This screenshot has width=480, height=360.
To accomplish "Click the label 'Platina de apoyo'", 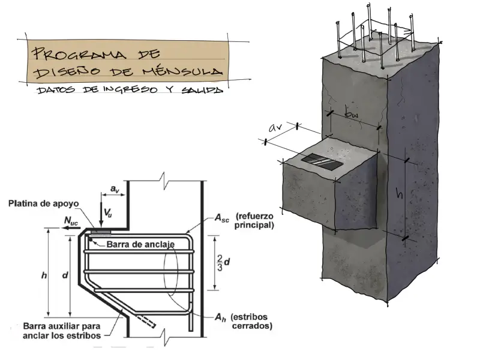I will [40, 203].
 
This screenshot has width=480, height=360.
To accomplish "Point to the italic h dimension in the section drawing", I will [44, 275].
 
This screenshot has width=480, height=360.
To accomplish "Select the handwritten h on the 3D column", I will [397, 193].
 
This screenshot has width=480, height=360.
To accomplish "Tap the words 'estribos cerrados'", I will [253, 322].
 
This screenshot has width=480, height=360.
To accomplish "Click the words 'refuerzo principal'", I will [255, 221].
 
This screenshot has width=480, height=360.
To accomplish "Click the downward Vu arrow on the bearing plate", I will [101, 215].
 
